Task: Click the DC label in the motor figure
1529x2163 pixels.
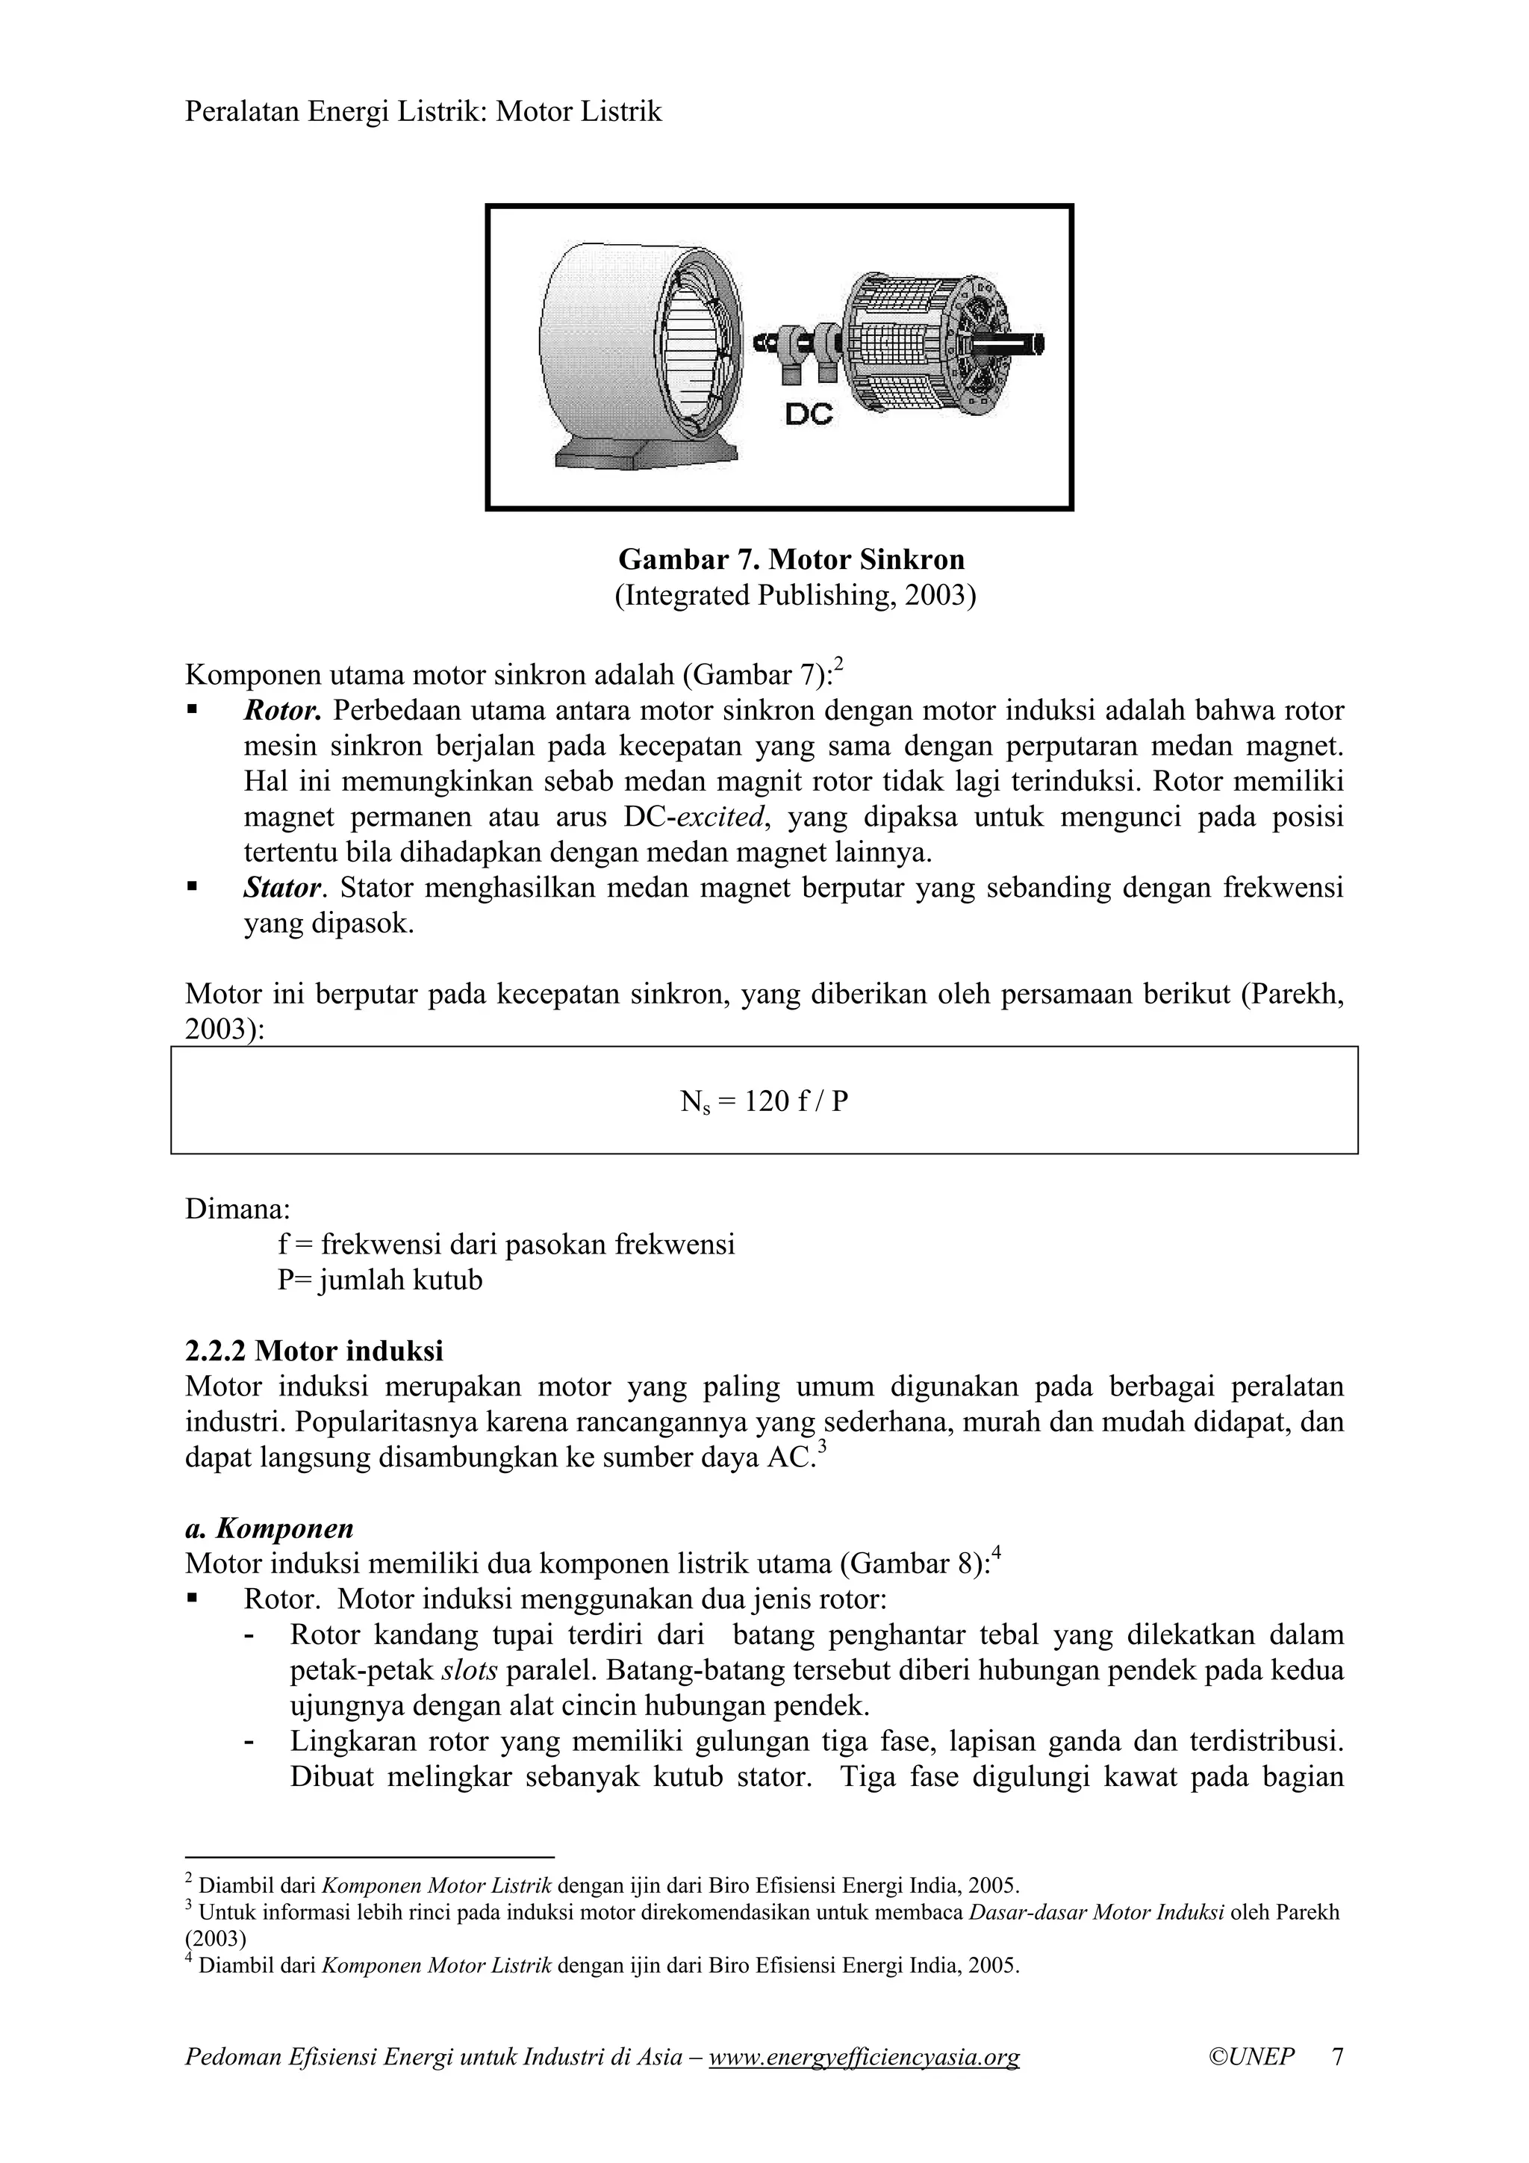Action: (809, 414)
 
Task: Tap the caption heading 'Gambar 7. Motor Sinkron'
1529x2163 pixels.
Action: (791, 559)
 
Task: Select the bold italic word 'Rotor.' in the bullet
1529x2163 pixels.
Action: (283, 710)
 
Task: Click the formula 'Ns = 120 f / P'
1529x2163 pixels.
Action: (764, 1101)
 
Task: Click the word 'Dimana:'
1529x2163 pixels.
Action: (237, 1209)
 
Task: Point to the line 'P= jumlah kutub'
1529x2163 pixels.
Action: (380, 1280)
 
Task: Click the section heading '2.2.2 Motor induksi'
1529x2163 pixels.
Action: (314, 1351)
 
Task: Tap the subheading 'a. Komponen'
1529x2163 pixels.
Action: (270, 1528)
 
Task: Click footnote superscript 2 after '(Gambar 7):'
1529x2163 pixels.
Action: (838, 665)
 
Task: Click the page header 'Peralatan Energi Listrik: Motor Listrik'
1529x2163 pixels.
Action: (423, 112)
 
